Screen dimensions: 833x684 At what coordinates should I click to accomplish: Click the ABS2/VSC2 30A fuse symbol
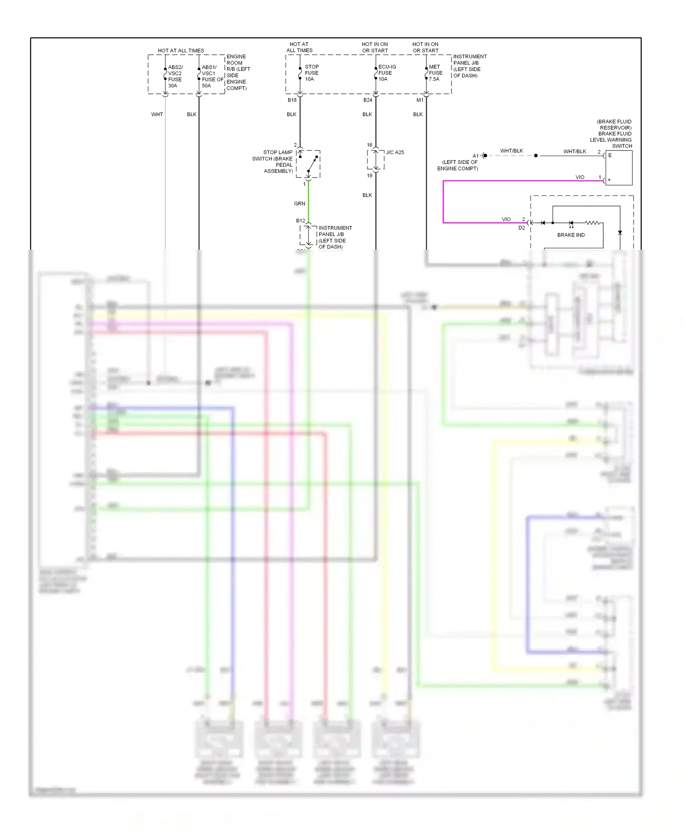(x=165, y=74)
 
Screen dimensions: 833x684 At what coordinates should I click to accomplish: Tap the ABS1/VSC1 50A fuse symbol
(x=199, y=74)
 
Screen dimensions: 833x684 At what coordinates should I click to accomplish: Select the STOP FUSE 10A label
(x=311, y=73)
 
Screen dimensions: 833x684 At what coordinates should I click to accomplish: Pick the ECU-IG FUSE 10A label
(x=387, y=73)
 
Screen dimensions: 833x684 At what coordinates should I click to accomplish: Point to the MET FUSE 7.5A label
(x=435, y=73)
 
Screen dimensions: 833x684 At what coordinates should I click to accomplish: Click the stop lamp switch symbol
(x=309, y=164)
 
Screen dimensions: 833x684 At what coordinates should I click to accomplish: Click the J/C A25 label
(x=395, y=152)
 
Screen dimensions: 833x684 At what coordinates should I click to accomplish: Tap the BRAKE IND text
(x=570, y=235)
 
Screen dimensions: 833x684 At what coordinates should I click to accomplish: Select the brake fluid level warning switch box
(x=618, y=168)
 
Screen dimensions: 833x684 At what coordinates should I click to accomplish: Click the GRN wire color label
(x=300, y=204)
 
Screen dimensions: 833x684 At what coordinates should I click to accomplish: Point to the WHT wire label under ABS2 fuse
(x=157, y=114)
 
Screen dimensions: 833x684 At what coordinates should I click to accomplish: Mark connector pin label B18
(x=292, y=100)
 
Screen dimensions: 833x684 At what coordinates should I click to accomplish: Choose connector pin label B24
(x=368, y=100)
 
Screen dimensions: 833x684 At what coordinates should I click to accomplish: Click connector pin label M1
(x=420, y=100)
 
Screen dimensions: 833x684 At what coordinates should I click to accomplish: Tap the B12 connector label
(x=301, y=221)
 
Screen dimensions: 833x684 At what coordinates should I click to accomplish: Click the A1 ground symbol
(x=484, y=156)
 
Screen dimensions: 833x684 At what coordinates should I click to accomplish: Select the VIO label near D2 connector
(x=506, y=219)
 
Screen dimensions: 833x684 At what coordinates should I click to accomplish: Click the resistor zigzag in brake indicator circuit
(x=592, y=223)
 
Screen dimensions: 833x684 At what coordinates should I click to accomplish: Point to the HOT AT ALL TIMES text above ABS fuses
(x=181, y=51)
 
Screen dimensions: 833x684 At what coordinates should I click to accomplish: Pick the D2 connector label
(x=521, y=228)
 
